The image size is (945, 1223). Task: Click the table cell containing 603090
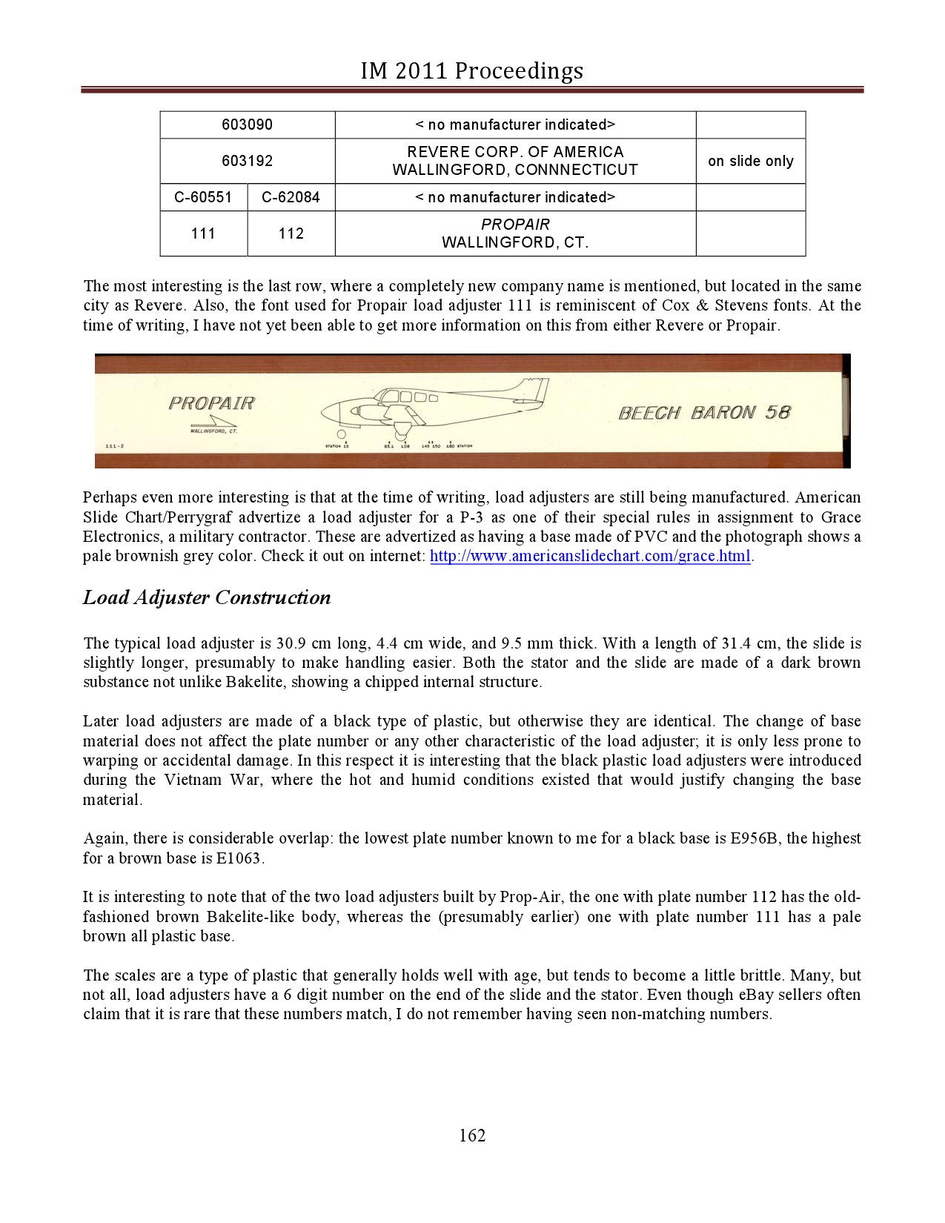point(247,125)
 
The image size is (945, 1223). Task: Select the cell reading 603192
point(247,160)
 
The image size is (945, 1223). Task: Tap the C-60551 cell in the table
point(203,197)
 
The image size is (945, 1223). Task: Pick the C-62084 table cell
point(291,197)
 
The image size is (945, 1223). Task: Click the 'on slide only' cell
point(750,161)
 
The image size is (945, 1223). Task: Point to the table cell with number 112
point(291,233)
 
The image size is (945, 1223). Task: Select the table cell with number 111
point(203,233)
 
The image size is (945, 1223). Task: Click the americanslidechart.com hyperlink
point(591,556)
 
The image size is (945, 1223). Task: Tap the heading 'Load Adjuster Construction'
point(207,597)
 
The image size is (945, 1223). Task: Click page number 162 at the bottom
point(472,1136)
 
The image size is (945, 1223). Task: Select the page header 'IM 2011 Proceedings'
point(472,71)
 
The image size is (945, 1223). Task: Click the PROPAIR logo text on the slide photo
point(211,403)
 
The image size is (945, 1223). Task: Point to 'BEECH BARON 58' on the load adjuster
point(704,412)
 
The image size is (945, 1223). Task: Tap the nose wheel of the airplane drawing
point(341,434)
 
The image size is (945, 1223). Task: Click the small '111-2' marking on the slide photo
point(114,446)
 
